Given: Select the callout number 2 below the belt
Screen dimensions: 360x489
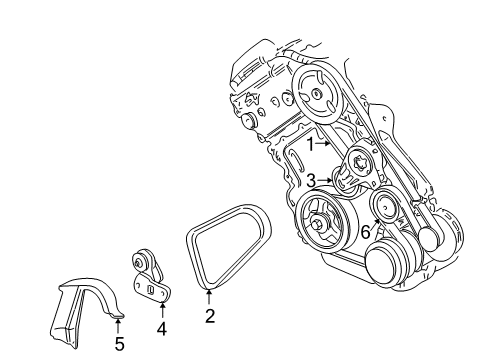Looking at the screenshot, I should pyautogui.click(x=210, y=318).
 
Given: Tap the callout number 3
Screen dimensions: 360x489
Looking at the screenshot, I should pyautogui.click(x=311, y=180).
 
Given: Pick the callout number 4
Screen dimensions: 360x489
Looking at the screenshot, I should pyautogui.click(x=162, y=326).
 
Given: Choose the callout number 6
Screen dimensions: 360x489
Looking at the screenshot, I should pyautogui.click(x=366, y=231).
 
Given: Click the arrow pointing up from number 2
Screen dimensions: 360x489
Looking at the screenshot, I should pyautogui.click(x=210, y=297).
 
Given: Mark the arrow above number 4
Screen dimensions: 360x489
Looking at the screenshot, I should pyautogui.click(x=162, y=305).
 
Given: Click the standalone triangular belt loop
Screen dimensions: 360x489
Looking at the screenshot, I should pyautogui.click(x=227, y=245).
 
